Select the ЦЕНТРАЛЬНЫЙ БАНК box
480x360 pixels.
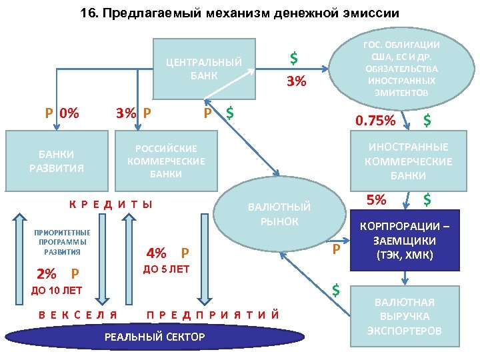204,69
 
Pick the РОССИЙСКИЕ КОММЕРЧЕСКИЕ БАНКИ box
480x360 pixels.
166,161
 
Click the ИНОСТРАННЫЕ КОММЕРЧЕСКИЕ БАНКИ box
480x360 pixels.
408,161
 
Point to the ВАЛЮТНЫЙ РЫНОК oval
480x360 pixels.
279,214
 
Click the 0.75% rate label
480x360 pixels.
375,121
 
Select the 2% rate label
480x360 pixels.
47,273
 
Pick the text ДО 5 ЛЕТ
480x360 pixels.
167,269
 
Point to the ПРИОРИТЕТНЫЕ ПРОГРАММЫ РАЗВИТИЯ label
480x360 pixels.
62,242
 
